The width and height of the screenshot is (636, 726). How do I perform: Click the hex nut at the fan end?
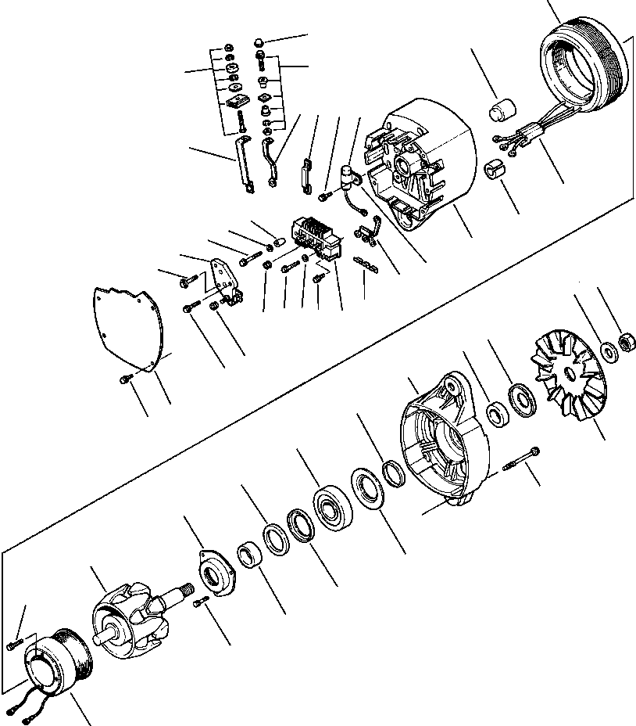627,341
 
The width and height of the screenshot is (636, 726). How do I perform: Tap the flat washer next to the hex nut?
609,350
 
